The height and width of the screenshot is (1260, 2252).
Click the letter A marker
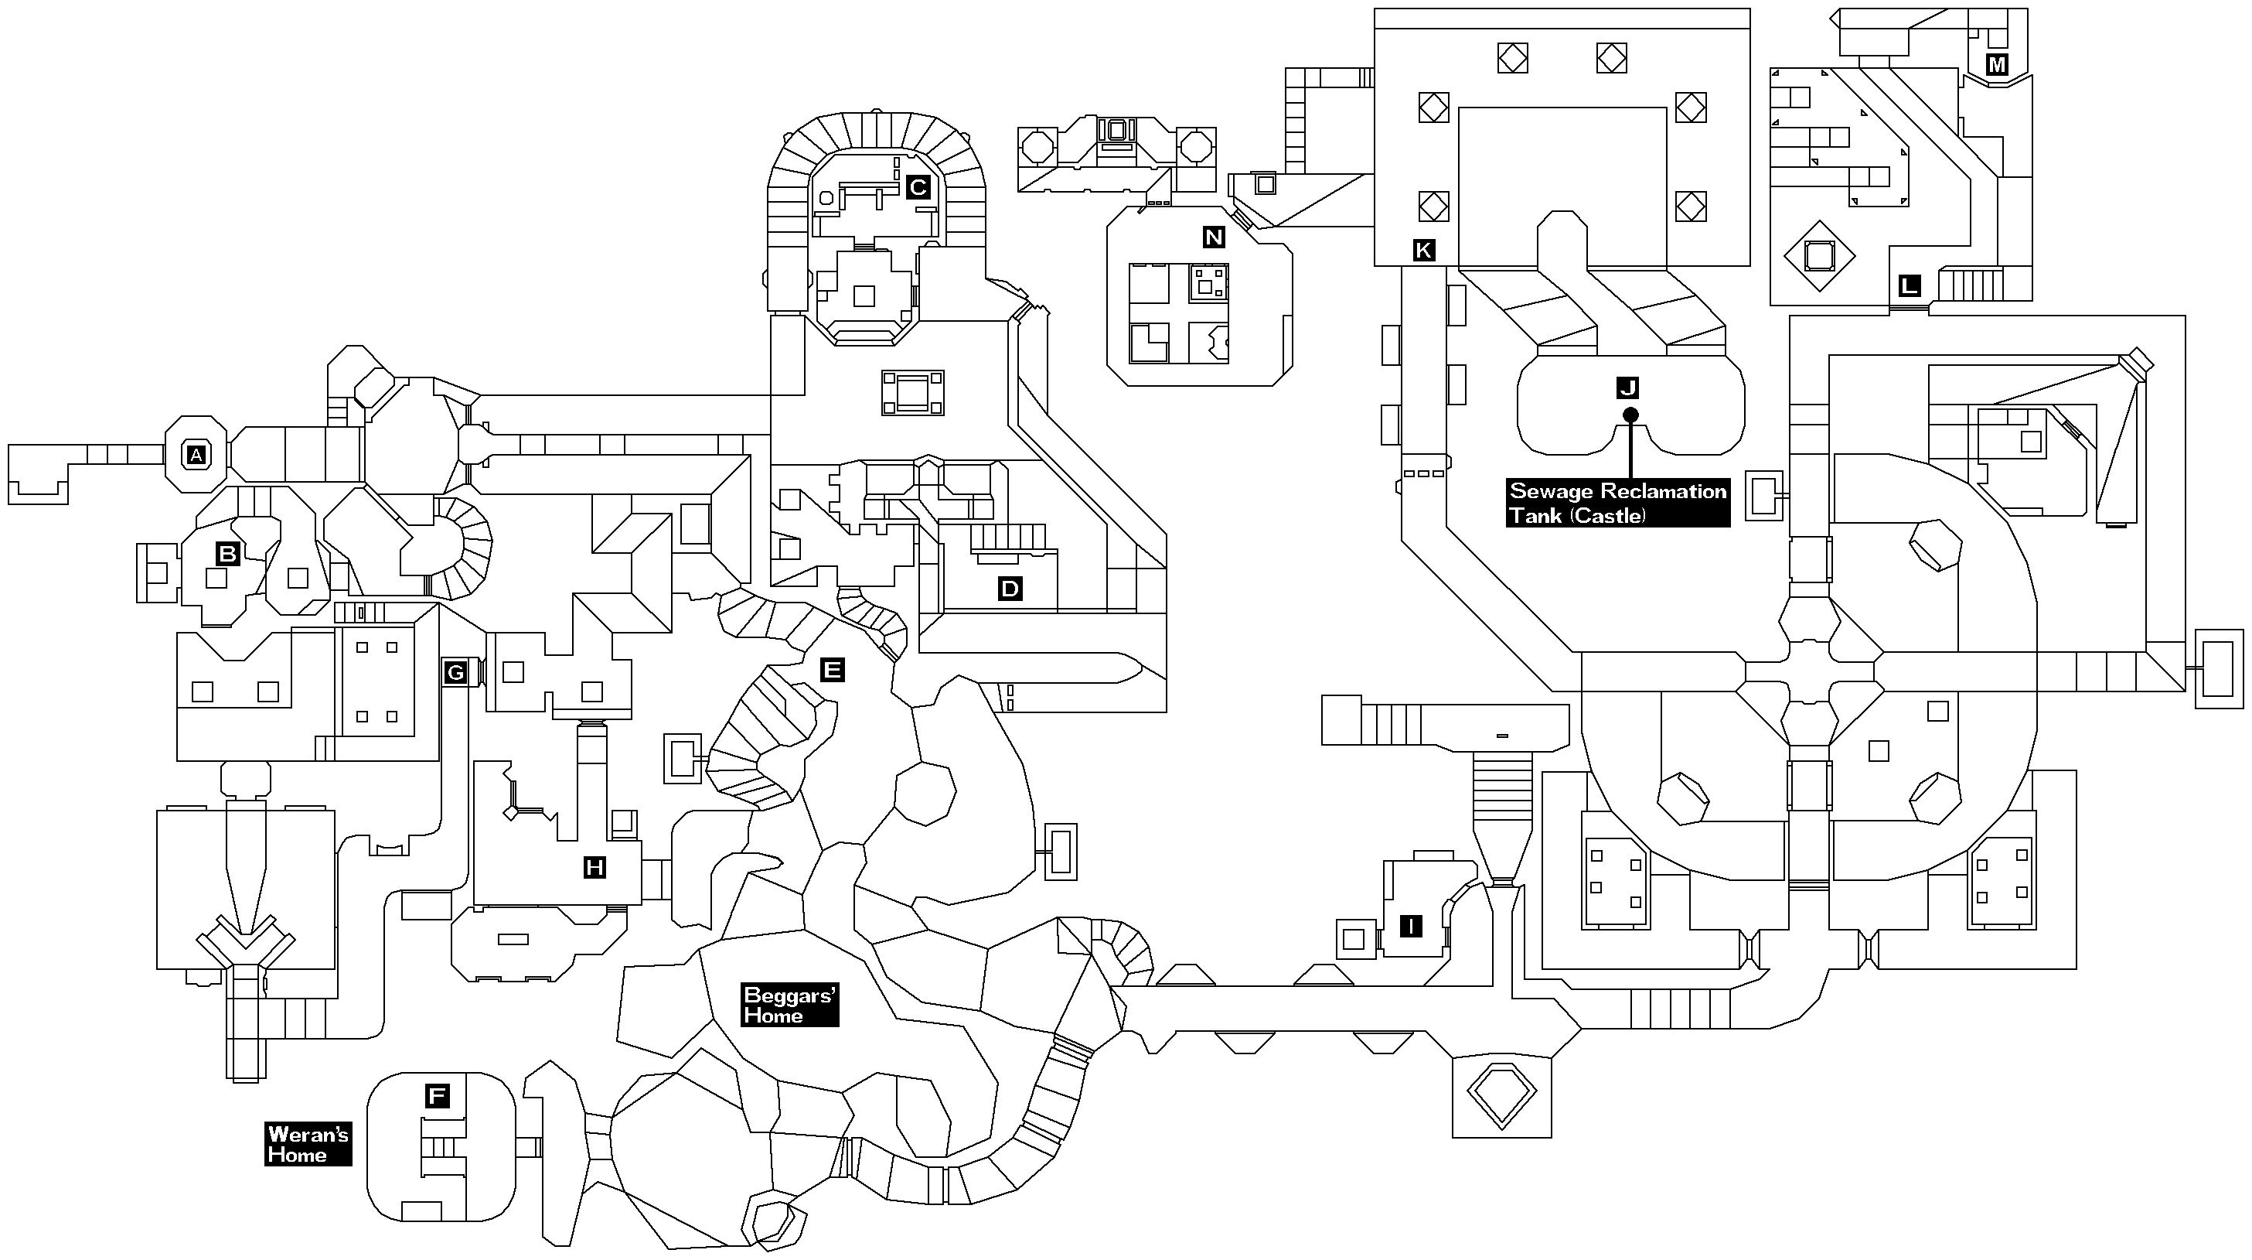196,455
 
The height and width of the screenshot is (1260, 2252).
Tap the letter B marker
227,554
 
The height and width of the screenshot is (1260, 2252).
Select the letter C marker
917,187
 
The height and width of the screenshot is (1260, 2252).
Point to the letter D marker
1010,589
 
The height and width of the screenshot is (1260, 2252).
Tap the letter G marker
455,672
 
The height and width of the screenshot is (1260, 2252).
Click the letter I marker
1411,926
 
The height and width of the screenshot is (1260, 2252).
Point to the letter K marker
1423,251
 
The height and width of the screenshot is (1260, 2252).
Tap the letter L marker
1910,285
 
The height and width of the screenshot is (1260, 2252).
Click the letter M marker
1997,64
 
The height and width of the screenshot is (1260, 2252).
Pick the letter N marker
1214,237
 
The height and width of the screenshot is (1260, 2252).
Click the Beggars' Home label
789,1006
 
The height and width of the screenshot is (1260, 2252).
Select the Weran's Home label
308,1145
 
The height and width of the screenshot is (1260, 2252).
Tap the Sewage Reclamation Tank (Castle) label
1618,503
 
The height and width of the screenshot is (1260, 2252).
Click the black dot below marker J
1630,415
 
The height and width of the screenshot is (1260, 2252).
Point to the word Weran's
308,1135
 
